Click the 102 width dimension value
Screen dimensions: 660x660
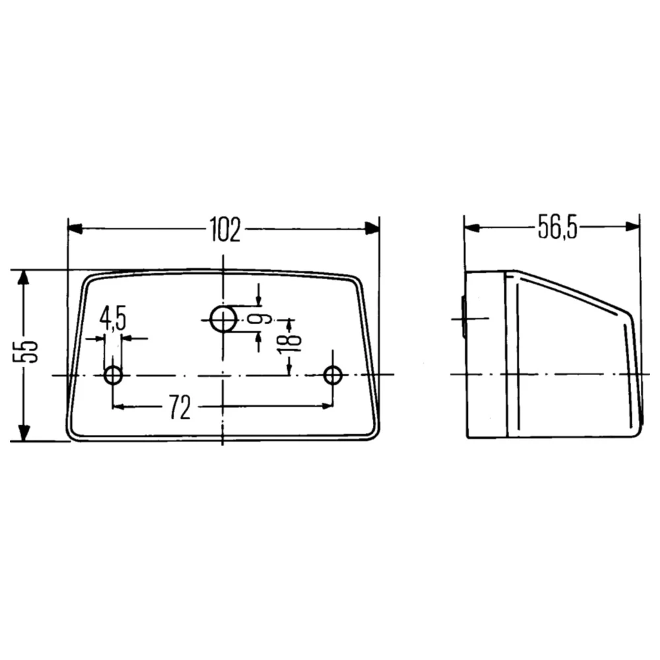(225, 229)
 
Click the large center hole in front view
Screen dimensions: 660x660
(224, 319)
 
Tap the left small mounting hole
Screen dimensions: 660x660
(114, 376)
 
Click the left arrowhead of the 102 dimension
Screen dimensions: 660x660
(75, 229)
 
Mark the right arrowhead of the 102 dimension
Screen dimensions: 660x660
(373, 229)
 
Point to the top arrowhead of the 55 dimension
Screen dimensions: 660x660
(24, 277)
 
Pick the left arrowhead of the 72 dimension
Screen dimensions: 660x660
(119, 406)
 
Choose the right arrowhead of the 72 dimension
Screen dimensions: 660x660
(327, 406)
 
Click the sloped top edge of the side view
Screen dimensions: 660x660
(574, 291)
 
